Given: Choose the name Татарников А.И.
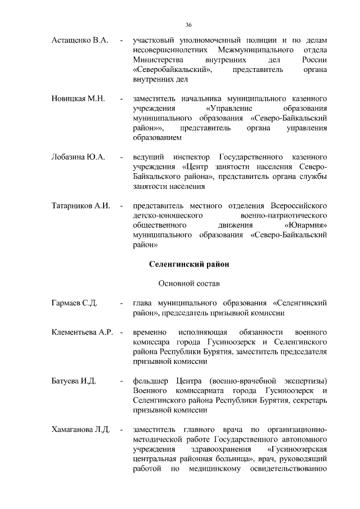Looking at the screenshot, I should click(x=80, y=205).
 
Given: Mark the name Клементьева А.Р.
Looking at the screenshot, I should click(x=83, y=332).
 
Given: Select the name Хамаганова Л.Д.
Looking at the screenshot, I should click(x=80, y=430).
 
